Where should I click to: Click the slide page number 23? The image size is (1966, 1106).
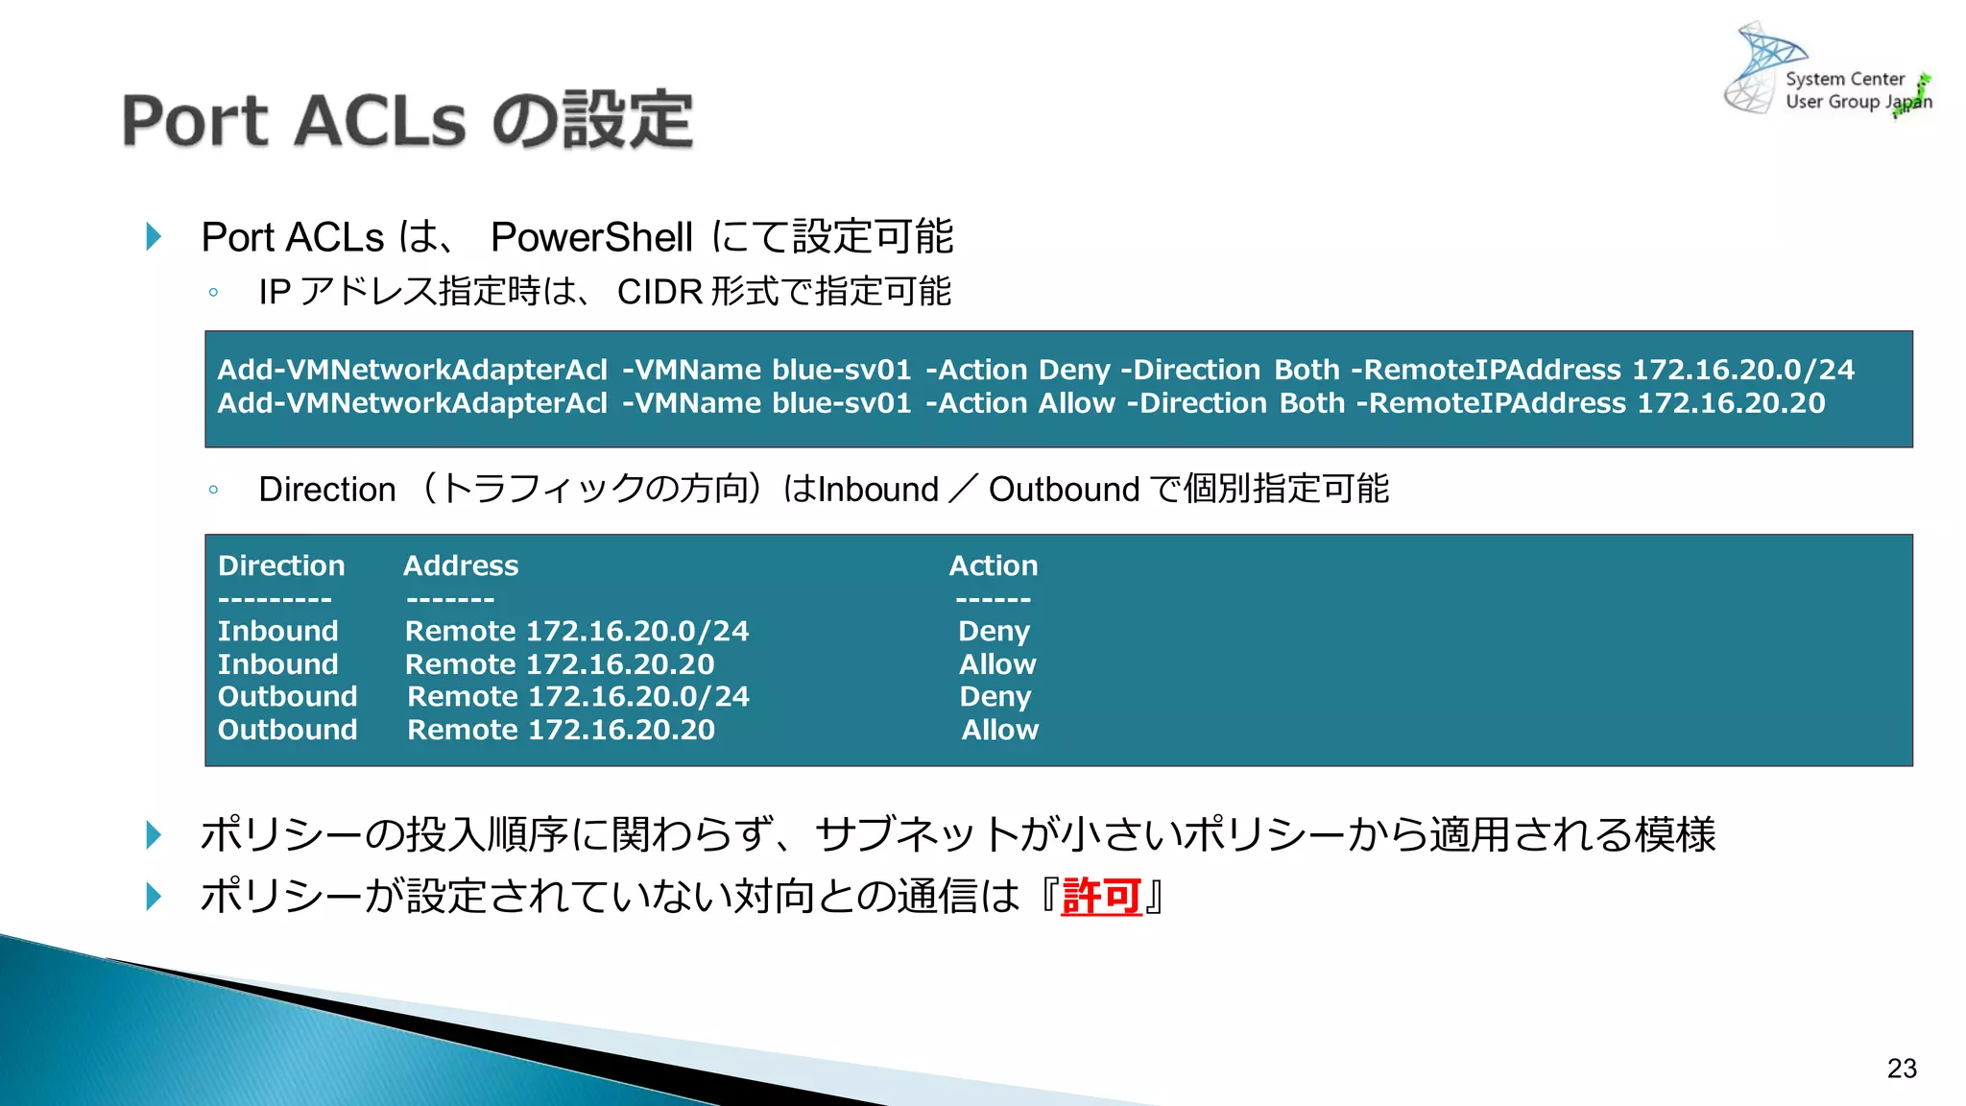[x=1901, y=1069]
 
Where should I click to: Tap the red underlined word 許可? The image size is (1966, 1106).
[x=1101, y=897]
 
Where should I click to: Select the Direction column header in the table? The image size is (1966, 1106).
[x=281, y=565]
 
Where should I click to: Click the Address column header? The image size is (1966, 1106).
[x=461, y=565]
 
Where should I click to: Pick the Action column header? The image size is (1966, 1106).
[x=994, y=565]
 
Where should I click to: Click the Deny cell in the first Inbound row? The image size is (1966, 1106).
[x=994, y=631]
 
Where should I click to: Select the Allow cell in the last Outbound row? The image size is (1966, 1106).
[x=999, y=730]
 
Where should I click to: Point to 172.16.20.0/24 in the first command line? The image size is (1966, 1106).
[x=1743, y=370]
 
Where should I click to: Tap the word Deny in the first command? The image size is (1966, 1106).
[x=1074, y=370]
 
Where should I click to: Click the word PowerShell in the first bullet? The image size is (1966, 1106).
[x=591, y=237]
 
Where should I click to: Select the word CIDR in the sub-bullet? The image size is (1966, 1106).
[x=659, y=292]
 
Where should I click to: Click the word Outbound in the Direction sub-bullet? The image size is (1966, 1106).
[x=1064, y=490]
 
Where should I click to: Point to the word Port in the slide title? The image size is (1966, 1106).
[x=195, y=121]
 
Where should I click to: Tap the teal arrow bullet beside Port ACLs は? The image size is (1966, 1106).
[x=154, y=236]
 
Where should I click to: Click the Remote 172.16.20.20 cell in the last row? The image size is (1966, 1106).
[x=562, y=730]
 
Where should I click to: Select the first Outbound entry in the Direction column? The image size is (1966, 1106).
[x=287, y=696]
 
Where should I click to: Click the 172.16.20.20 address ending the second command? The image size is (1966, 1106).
[x=1731, y=403]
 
